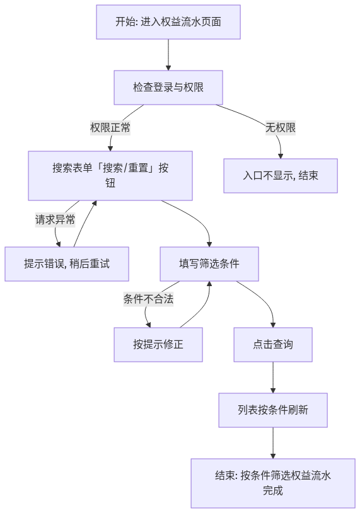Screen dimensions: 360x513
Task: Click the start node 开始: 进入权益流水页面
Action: (x=168, y=22)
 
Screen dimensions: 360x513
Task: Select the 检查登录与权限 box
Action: (x=168, y=88)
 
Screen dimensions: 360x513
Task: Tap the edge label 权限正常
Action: (x=110, y=127)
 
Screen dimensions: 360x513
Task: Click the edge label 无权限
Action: (x=281, y=127)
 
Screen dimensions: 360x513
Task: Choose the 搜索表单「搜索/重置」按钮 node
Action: (x=110, y=176)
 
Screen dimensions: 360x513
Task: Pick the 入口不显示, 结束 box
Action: (x=281, y=176)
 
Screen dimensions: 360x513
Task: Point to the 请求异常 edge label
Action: (x=55, y=219)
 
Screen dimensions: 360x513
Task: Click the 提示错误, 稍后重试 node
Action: (x=67, y=263)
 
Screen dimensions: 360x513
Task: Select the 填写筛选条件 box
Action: (x=209, y=263)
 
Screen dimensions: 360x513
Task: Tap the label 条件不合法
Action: (x=148, y=299)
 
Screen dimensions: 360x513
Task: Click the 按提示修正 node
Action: (x=158, y=345)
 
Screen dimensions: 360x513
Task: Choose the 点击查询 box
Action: (x=273, y=345)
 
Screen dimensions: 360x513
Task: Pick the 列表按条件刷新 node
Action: (x=273, y=410)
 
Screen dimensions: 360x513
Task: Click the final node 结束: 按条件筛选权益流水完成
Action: (x=273, y=483)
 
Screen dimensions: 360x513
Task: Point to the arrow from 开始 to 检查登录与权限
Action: (x=168, y=55)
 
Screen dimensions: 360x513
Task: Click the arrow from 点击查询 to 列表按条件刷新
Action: (x=273, y=378)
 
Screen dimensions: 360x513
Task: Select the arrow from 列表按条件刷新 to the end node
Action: (x=273, y=442)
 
